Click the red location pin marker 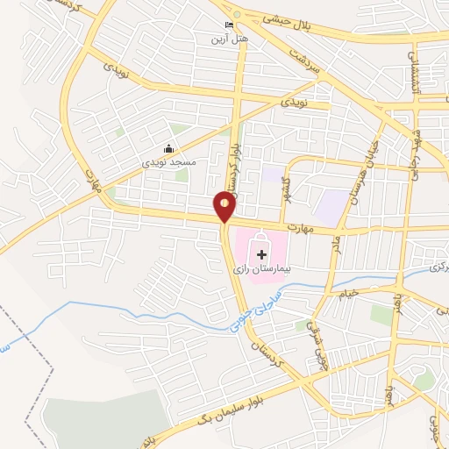click(x=225, y=207)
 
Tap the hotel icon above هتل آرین click(x=230, y=25)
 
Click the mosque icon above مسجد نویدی click(x=169, y=150)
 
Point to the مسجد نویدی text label click(x=166, y=163)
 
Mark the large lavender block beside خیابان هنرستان click(x=331, y=207)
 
